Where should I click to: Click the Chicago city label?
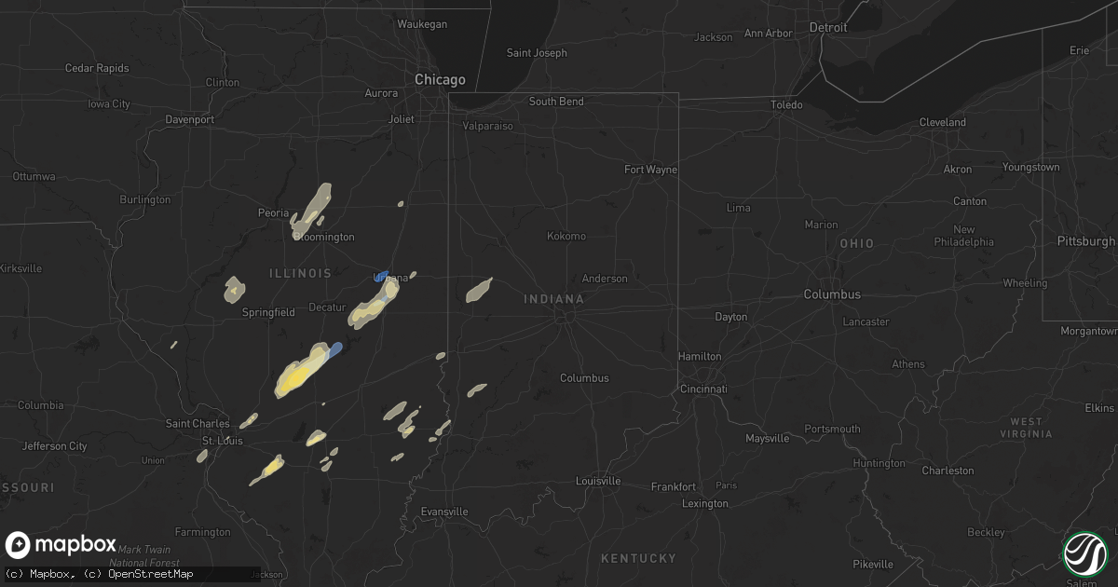440,80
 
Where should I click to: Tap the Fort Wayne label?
650,170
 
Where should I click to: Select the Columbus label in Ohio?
832,294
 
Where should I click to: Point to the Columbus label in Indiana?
584,378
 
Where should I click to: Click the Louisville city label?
598,482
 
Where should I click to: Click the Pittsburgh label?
1086,241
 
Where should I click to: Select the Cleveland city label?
942,122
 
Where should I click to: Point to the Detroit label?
828,28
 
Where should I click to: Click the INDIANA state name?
553,299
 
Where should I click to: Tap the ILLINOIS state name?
300,273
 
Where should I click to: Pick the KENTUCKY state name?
638,558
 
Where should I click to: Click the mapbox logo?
61,545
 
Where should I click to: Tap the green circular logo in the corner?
1084,553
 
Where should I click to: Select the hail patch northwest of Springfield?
233,290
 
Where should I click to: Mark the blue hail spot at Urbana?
382,276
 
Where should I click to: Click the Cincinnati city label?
704,388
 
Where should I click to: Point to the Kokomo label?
566,236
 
